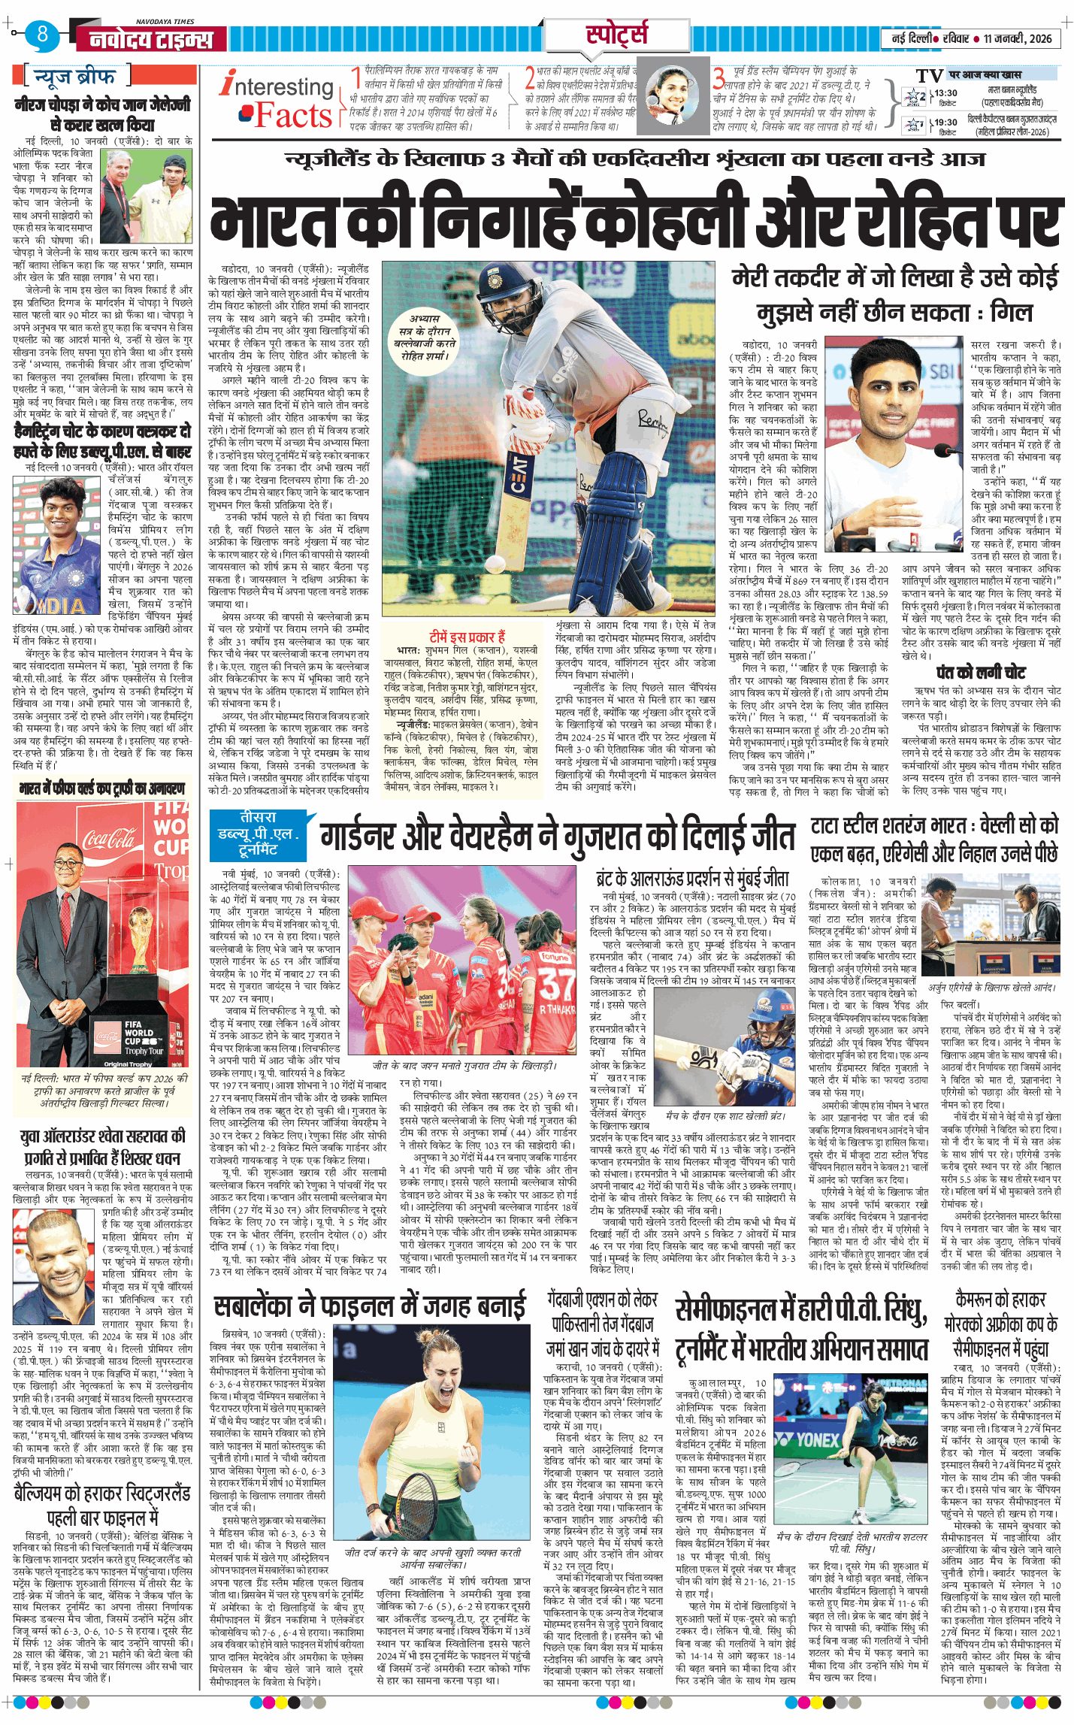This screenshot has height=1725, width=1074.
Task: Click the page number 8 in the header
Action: point(43,34)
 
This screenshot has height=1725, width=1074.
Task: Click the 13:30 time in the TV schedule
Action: point(945,94)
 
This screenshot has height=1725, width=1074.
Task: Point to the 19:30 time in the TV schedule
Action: point(945,123)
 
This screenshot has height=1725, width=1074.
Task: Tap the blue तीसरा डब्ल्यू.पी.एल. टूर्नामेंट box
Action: point(258,833)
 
